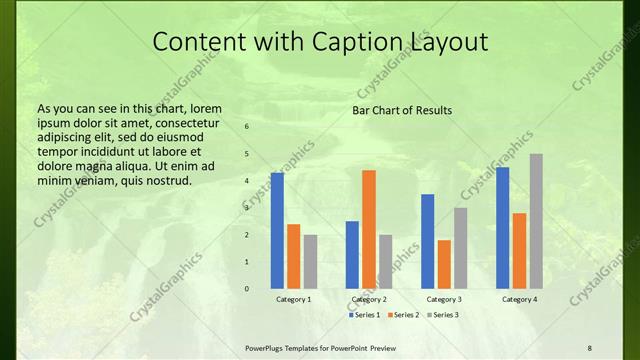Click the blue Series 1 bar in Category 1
pos(277,231)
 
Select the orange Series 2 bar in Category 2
pos(369,229)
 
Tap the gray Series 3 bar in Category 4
pos(536,221)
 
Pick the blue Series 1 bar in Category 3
pos(428,241)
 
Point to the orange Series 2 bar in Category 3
pos(444,264)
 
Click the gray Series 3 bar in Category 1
pos(310,262)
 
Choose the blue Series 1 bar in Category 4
pos(502,228)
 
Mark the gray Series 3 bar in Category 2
pos(385,262)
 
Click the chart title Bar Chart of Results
pos(402,110)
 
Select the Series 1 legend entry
pos(364,315)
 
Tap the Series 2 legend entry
pos(402,315)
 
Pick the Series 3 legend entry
pos(441,315)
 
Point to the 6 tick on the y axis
pos(246,127)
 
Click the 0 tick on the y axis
pos(246,289)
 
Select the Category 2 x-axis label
pos(369,300)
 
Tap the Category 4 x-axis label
pos(519,300)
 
